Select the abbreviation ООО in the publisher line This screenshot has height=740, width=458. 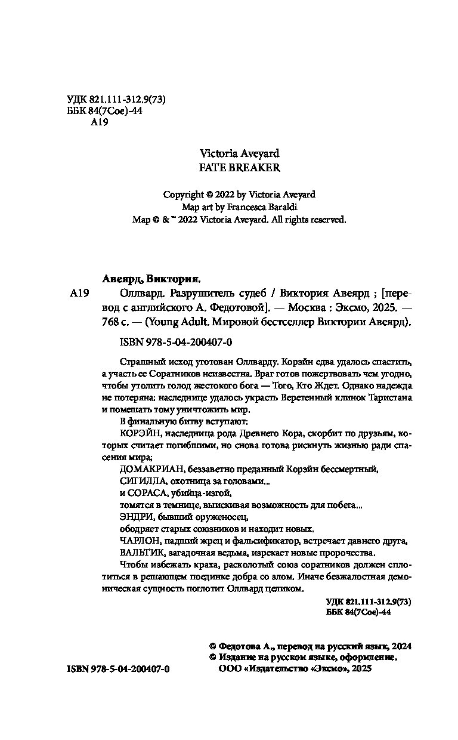tap(232, 669)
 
